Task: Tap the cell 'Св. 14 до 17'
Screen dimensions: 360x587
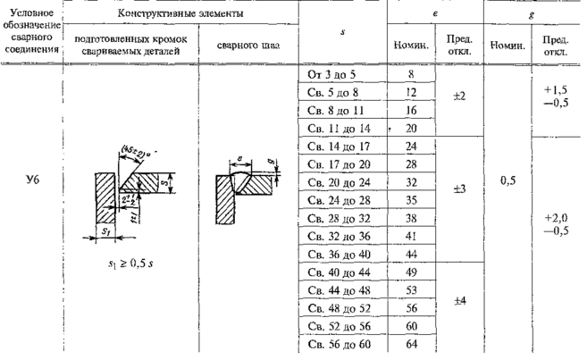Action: [336, 146]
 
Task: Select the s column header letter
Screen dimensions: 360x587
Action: [344, 33]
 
